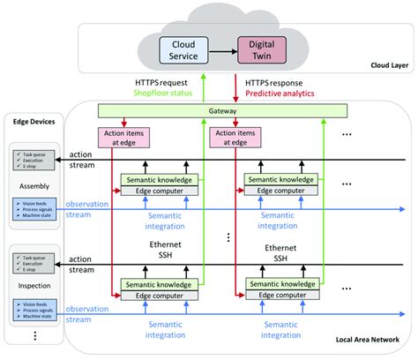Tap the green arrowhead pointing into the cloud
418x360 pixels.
click(x=206, y=78)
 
